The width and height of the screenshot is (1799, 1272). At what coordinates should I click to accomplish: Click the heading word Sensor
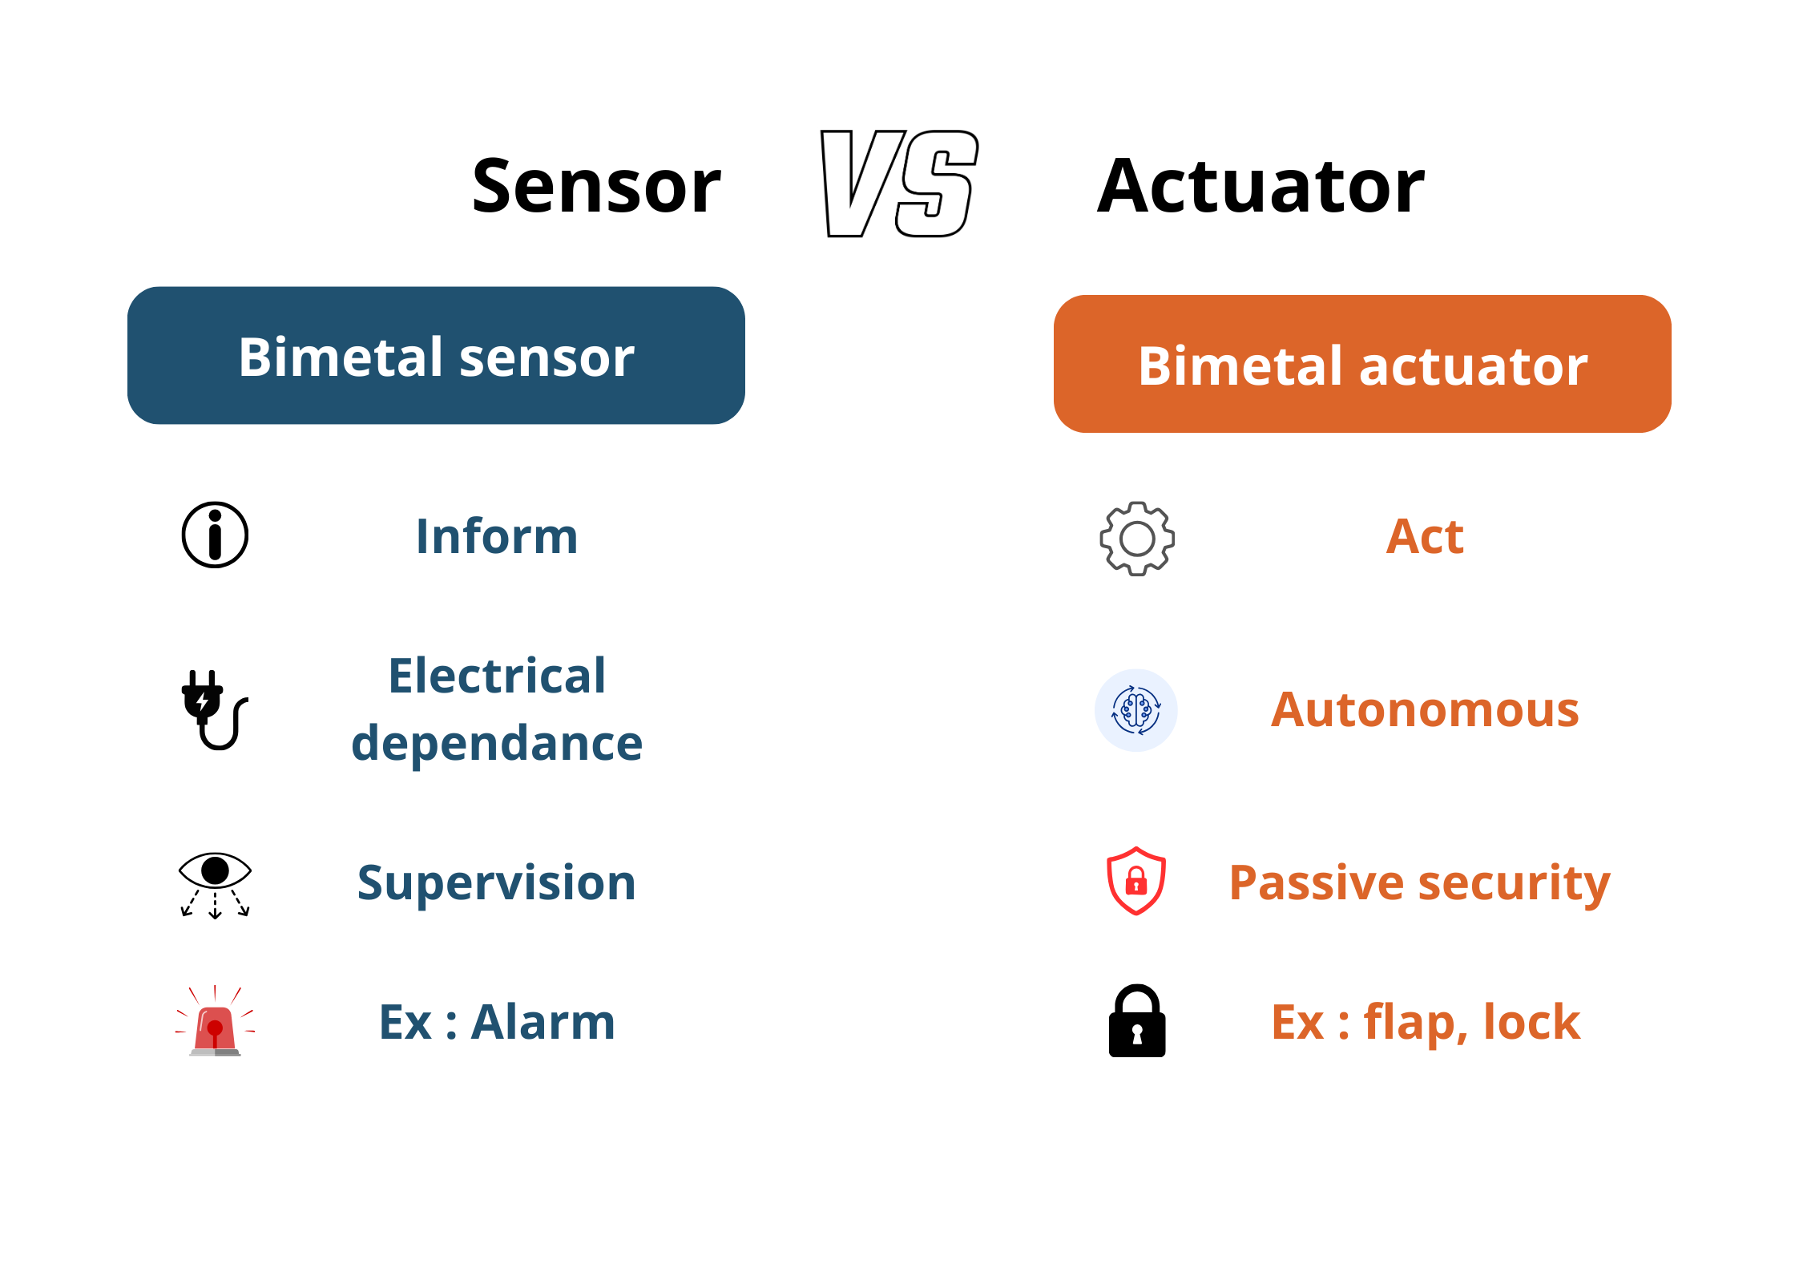point(596,186)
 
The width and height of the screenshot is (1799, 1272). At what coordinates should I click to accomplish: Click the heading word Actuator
point(1261,186)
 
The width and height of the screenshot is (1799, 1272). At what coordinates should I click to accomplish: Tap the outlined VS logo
point(900,184)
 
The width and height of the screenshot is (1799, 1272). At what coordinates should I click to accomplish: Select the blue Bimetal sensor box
point(436,355)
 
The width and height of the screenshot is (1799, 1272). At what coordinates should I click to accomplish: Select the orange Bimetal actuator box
point(1362,364)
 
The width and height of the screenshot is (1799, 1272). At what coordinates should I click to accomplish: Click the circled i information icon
point(215,535)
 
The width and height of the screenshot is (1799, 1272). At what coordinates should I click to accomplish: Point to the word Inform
point(497,535)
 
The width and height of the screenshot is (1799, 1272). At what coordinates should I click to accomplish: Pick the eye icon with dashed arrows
point(215,885)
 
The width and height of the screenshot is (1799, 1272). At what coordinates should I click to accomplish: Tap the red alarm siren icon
point(215,1020)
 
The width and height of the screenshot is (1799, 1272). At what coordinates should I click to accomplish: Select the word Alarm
point(543,1022)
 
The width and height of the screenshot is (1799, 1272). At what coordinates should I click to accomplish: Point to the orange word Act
point(1425,536)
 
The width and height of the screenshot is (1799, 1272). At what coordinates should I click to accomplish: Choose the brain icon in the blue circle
point(1136,710)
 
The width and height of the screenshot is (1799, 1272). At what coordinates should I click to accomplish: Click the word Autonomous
point(1425,710)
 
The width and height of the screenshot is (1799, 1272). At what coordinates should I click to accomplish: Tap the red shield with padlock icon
point(1136,881)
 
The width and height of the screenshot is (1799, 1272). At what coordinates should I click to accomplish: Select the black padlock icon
point(1137,1020)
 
